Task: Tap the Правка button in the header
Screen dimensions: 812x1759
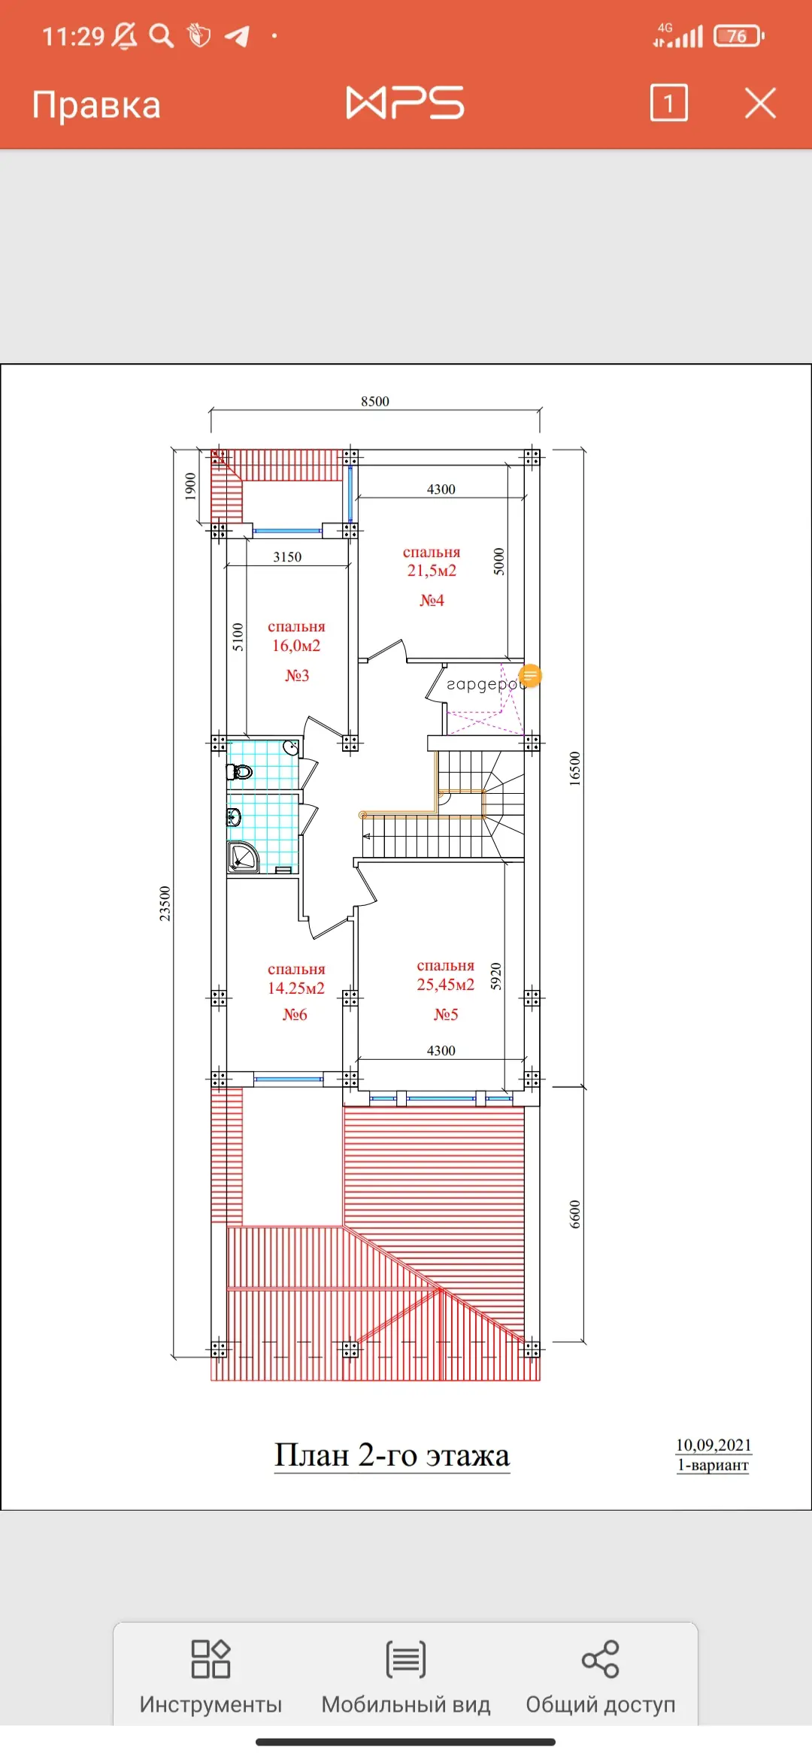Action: tap(96, 104)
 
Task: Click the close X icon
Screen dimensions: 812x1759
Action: tap(760, 103)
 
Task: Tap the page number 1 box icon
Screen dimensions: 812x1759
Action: tap(668, 103)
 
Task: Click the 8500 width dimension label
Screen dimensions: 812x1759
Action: tap(375, 401)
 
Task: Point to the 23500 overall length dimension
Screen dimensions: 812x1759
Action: tap(165, 904)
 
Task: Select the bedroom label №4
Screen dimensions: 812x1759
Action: tap(432, 600)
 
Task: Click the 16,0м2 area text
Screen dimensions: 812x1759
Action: tap(296, 646)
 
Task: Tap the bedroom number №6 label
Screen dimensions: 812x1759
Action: tap(295, 1014)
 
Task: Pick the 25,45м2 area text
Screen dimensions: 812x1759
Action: tap(446, 985)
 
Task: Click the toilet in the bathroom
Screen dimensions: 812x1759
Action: tap(239, 771)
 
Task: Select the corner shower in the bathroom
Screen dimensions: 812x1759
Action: tap(243, 858)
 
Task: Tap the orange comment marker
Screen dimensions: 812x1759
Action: tap(530, 676)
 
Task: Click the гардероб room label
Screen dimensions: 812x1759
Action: tap(483, 685)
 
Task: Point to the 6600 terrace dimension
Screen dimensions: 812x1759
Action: tap(575, 1214)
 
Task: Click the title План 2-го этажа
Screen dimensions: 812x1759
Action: tap(392, 1455)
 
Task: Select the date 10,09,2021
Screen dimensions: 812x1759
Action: tap(714, 1445)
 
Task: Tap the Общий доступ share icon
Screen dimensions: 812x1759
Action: tap(601, 1659)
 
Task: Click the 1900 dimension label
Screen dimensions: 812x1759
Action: tap(191, 486)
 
